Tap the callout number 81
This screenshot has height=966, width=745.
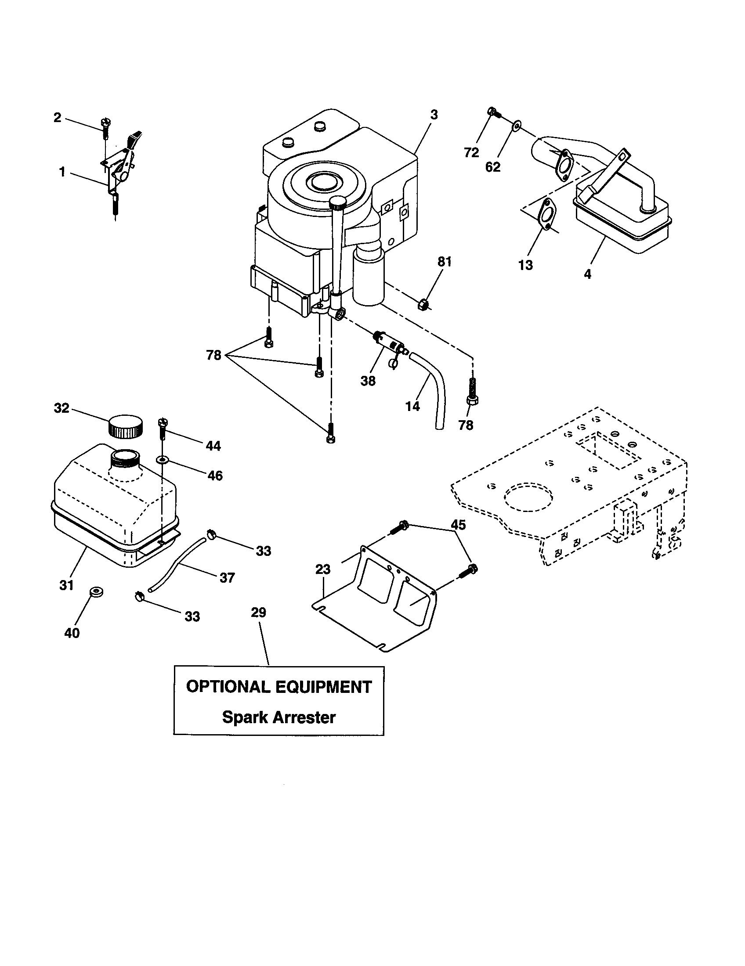(x=445, y=262)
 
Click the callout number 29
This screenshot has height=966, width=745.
(x=258, y=613)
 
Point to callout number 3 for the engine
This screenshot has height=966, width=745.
(x=434, y=115)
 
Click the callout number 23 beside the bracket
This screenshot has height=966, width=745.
(x=323, y=569)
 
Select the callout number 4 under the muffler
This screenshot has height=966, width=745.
(x=587, y=274)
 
